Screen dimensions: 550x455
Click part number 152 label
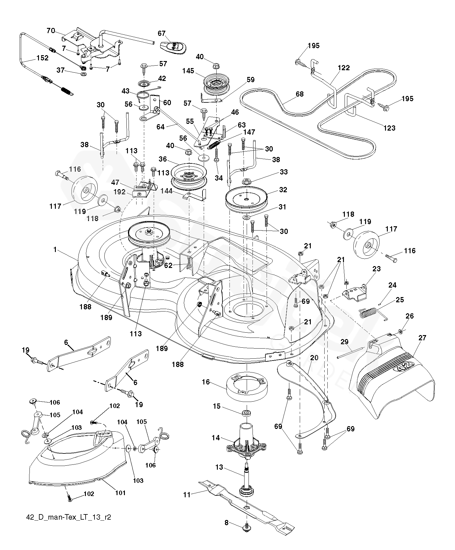pyautogui.click(x=42, y=58)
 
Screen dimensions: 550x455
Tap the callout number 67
pyautogui.click(x=161, y=33)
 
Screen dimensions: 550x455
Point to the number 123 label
pyautogui.click(x=389, y=128)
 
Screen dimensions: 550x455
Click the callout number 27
pyautogui.click(x=422, y=338)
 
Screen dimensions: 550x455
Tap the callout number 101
pyautogui.click(x=120, y=493)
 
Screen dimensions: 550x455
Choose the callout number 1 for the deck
pyautogui.click(x=55, y=250)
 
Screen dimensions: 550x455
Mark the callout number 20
pyautogui.click(x=314, y=357)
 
